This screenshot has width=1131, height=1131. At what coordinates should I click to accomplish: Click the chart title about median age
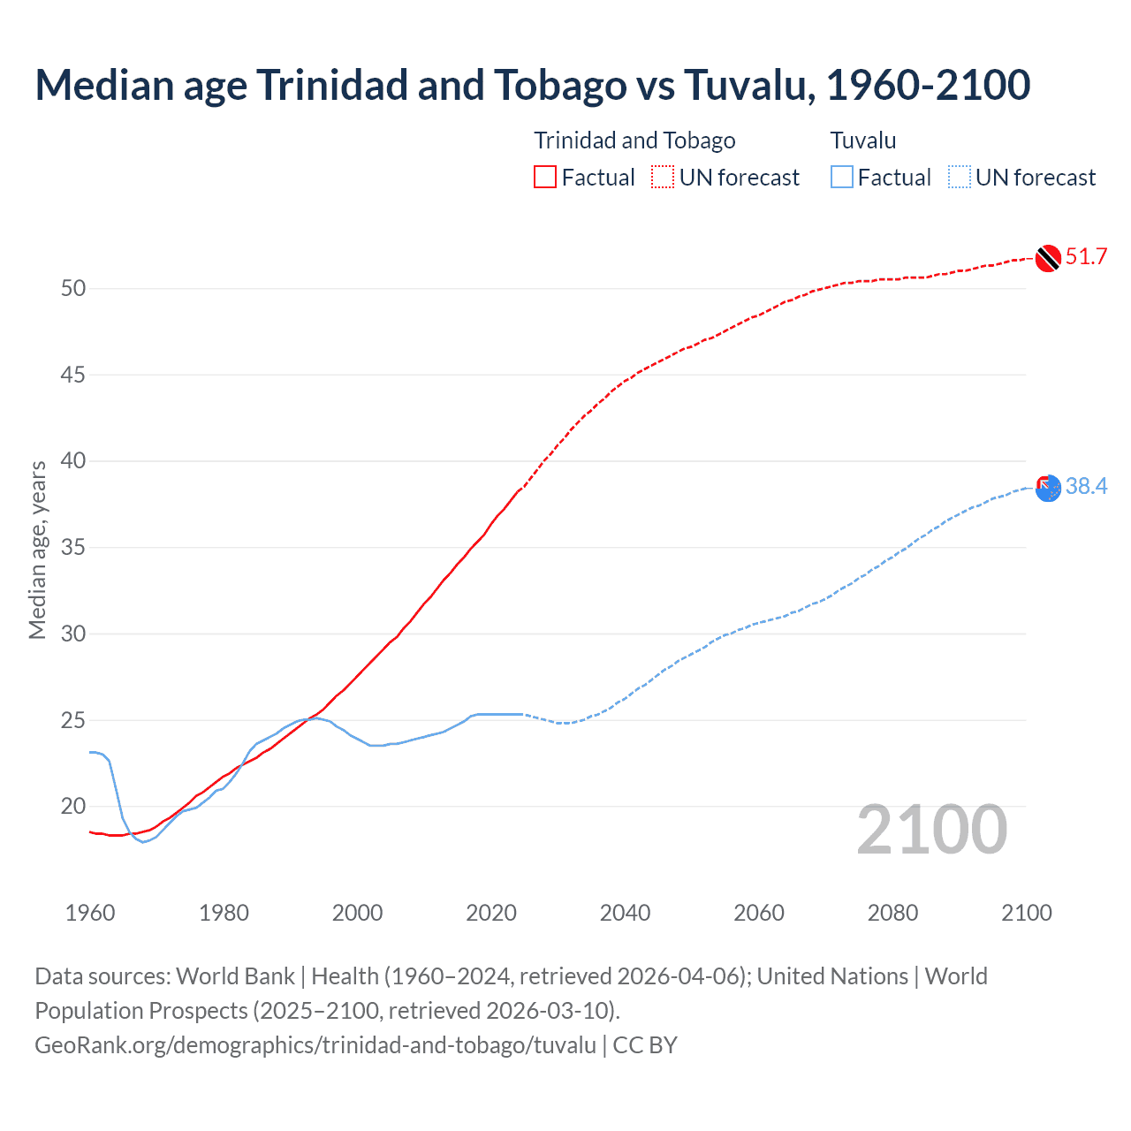pyautogui.click(x=532, y=85)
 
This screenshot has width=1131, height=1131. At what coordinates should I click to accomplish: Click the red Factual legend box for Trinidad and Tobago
pyautogui.click(x=545, y=178)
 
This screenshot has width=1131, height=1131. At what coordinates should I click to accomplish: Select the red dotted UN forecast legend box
pyautogui.click(x=663, y=178)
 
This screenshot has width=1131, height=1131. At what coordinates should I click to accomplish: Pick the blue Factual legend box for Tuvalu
pyautogui.click(x=842, y=178)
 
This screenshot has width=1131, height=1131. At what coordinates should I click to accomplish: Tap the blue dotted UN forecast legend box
pyautogui.click(x=960, y=178)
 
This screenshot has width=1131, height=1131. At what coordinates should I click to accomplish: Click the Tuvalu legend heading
pyautogui.click(x=863, y=140)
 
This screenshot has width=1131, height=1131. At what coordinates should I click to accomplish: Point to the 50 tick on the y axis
pyautogui.click(x=73, y=289)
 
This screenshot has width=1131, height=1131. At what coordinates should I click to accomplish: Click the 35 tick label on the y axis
pyautogui.click(x=73, y=548)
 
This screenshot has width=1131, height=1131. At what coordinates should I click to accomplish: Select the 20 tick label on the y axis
pyautogui.click(x=73, y=807)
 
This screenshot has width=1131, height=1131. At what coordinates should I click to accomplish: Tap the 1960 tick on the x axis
pyautogui.click(x=90, y=913)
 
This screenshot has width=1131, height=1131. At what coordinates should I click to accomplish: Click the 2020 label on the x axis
pyautogui.click(x=491, y=913)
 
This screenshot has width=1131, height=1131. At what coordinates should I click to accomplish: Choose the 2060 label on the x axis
pyautogui.click(x=759, y=913)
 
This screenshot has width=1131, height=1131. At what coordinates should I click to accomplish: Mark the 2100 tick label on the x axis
pyautogui.click(x=1027, y=913)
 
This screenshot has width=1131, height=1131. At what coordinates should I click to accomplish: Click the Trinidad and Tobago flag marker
pyautogui.click(x=1048, y=258)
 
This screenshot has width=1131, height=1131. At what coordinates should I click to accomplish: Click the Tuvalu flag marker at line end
pyautogui.click(x=1048, y=489)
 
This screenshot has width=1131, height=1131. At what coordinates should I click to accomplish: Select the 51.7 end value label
pyautogui.click(x=1086, y=257)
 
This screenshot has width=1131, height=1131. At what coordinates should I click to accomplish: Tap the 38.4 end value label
pyautogui.click(x=1086, y=487)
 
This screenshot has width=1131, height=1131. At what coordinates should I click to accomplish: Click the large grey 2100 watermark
pyautogui.click(x=932, y=830)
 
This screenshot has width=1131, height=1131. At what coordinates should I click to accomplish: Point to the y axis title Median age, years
pyautogui.click(x=38, y=550)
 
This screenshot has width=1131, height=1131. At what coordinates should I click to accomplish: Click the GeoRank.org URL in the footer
pyautogui.click(x=315, y=1045)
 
